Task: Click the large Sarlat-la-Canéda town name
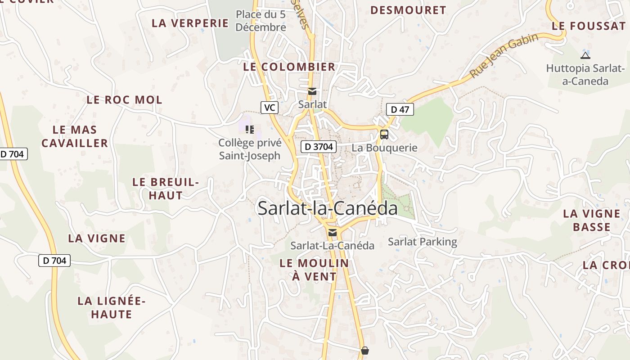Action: pyautogui.click(x=328, y=208)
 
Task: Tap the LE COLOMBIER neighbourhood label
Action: pyautogui.click(x=289, y=67)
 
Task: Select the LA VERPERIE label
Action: pyautogui.click(x=190, y=23)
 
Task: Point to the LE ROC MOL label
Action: pyautogui.click(x=124, y=100)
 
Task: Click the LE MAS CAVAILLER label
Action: pyautogui.click(x=75, y=136)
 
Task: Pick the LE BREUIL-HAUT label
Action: pyautogui.click(x=166, y=189)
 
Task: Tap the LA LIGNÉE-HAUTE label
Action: pyautogui.click(x=112, y=307)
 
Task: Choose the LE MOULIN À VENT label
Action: pyautogui.click(x=314, y=270)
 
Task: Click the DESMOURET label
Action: pyautogui.click(x=408, y=10)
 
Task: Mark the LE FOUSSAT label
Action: pyautogui.click(x=589, y=26)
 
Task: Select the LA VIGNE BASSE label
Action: pyautogui.click(x=592, y=220)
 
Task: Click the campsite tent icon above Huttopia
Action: pyautogui.click(x=585, y=55)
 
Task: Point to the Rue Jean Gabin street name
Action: pyautogui.click(x=504, y=55)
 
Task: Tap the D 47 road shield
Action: pyautogui.click(x=400, y=109)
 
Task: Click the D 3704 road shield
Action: pyautogui.click(x=319, y=146)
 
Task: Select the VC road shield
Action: pyautogui.click(x=270, y=108)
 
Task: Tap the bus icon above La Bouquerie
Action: pyautogui.click(x=384, y=134)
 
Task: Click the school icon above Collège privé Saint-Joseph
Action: pyautogui.click(x=250, y=130)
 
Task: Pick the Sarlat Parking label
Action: pyautogui.click(x=422, y=242)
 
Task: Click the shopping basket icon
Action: pyautogui.click(x=365, y=350)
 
